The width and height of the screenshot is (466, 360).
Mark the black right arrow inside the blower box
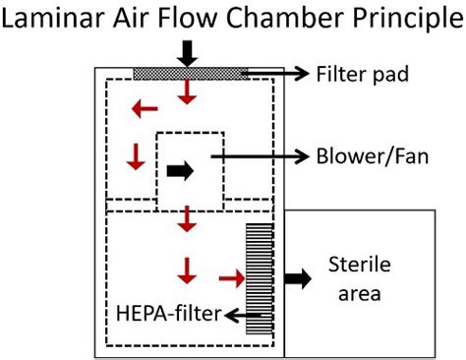(181, 170)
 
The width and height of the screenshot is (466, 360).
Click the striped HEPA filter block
(260, 279)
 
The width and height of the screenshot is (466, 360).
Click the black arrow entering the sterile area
(296, 279)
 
